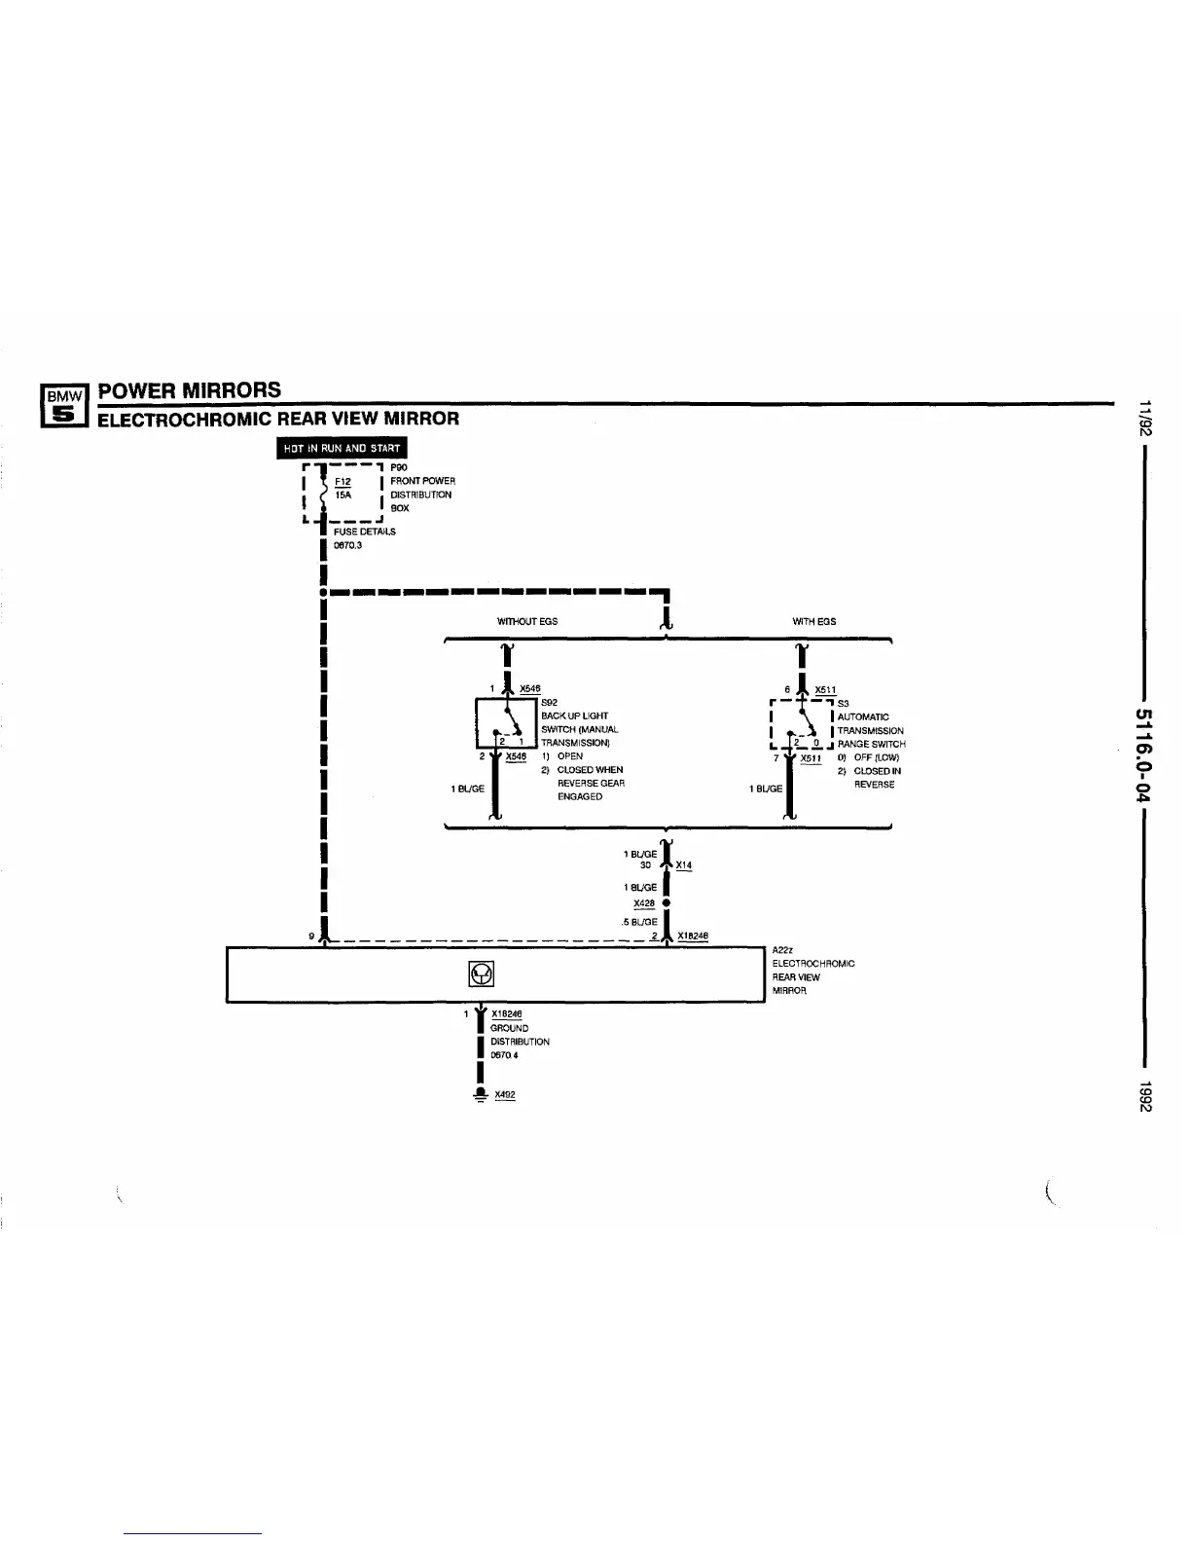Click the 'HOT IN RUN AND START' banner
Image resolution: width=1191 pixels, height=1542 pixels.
[x=342, y=448]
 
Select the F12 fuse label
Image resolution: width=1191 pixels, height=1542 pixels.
[x=342, y=481]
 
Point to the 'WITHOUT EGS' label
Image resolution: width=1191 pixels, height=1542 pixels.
[x=526, y=621]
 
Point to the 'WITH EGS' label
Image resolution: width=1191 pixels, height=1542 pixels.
[x=814, y=621]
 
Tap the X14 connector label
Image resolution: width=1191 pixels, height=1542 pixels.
[x=684, y=865]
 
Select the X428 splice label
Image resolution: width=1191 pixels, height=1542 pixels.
[x=643, y=903]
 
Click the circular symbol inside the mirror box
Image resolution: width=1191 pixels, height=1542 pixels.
[x=482, y=973]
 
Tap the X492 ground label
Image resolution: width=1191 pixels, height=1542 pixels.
[x=504, y=1094]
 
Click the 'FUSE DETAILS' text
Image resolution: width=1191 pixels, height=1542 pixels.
[x=365, y=532]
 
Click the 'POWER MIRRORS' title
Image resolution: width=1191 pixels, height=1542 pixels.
[x=190, y=390]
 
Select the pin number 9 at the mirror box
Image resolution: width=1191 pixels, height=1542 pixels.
[x=311, y=936]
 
